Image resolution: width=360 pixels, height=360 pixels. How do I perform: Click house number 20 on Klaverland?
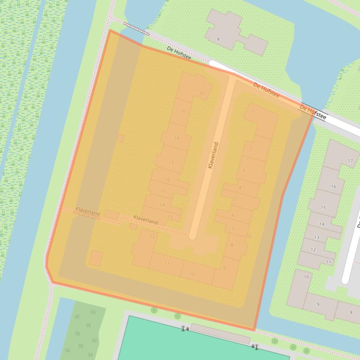coord(202,93)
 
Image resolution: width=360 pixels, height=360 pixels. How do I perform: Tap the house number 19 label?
coord(182,111)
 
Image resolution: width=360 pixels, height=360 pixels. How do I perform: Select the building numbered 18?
coord(176,138)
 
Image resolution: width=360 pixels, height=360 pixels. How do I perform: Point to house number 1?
coord(253,112)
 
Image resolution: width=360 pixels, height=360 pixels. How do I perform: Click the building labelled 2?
coord(251,149)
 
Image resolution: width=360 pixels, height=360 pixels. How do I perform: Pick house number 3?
coord(243,171)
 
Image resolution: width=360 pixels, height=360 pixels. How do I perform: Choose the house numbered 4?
coord(240,188)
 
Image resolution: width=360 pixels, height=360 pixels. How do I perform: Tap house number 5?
coord(235,200)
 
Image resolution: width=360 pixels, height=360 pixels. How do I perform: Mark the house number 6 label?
coord(233,215)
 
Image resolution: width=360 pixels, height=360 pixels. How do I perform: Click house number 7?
coord(233,229)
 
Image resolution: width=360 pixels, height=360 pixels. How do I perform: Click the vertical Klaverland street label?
coord(213,155)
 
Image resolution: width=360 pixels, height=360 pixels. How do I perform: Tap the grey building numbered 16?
coord(333,186)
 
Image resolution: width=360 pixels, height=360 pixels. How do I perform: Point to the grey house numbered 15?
coord(323,208)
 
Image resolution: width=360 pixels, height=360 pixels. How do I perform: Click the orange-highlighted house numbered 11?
coord(167,264)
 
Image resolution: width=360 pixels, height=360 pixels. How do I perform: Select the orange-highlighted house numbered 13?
coord(169,217)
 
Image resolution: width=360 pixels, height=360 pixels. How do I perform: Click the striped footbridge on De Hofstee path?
coord(137,28)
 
